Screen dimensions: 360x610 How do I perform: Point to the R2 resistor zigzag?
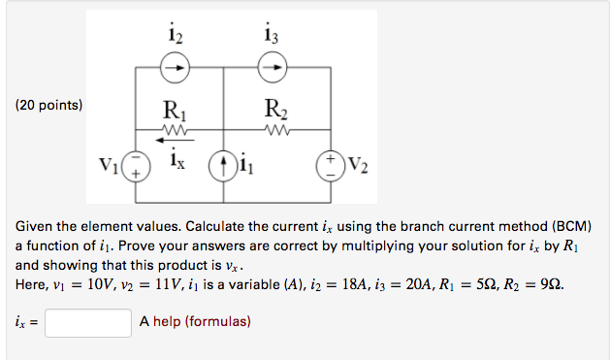273,126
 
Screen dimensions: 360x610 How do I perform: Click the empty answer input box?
88,321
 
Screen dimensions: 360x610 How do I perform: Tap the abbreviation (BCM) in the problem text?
563,225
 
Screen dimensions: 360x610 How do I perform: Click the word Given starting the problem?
34,225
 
